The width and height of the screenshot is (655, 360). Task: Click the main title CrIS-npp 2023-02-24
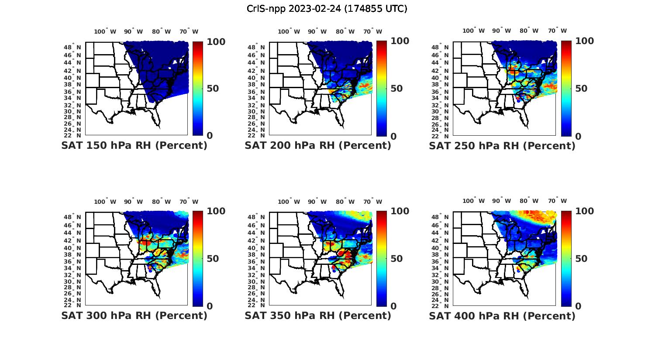coord(327,9)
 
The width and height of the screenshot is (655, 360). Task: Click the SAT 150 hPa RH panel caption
coord(134,145)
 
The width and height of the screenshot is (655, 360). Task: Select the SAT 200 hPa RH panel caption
coord(318,145)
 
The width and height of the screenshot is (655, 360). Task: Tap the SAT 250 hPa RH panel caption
coord(502,145)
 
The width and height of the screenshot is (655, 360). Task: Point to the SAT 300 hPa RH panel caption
coord(134,315)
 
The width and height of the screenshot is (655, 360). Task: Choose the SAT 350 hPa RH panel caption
coord(318,315)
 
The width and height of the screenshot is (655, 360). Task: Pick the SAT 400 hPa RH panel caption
coord(502,315)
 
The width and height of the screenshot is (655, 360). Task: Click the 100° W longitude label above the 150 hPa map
coord(105,31)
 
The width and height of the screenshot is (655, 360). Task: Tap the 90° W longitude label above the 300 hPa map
coord(134,202)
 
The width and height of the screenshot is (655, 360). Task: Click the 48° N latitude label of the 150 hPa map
coord(73,47)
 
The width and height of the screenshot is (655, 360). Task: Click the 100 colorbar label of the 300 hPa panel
coord(216,211)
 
